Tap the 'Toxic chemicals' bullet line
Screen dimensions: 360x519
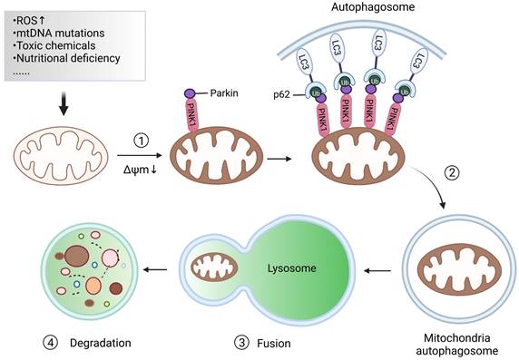[54, 47]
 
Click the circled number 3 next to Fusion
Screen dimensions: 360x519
[240, 342]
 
